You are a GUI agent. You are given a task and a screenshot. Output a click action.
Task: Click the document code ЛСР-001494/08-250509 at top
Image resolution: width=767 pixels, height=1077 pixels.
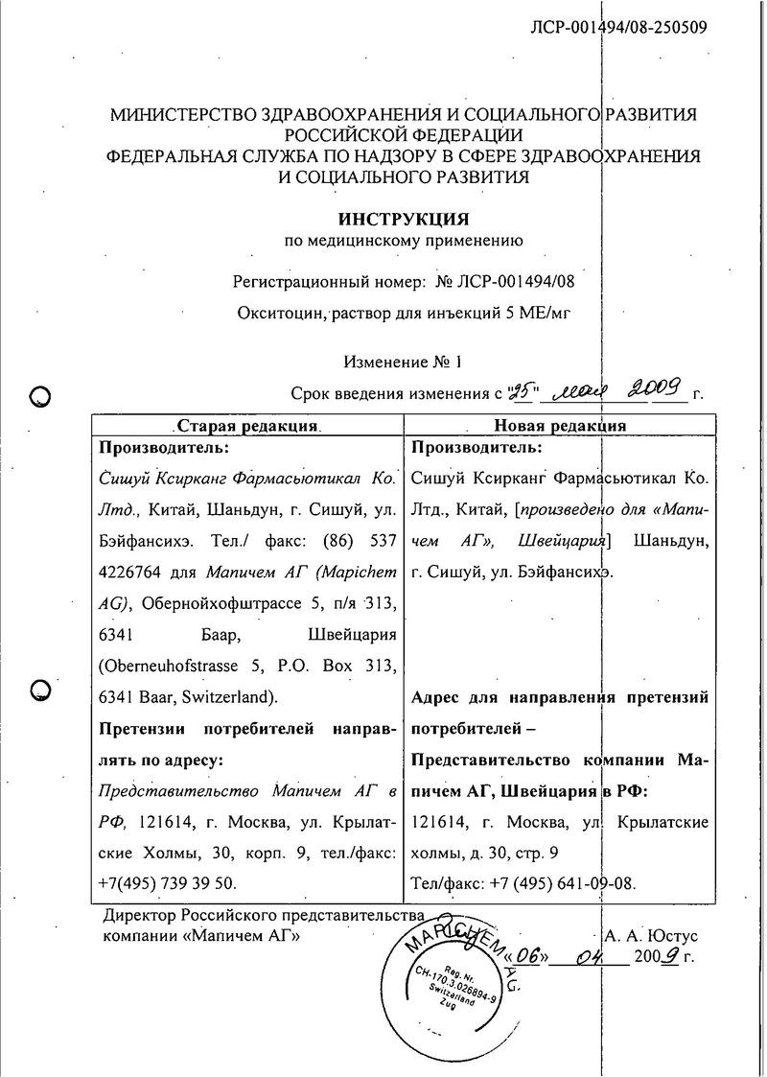pos(619,27)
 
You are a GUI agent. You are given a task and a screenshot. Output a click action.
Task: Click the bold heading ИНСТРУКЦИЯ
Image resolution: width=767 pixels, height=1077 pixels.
pos(404,219)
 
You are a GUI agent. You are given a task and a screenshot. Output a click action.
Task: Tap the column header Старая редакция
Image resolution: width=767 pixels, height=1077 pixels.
pos(247,426)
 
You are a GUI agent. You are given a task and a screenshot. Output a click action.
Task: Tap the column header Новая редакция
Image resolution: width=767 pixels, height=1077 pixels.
pos(560,426)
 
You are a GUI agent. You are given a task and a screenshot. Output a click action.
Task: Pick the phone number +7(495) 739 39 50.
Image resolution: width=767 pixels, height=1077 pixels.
pos(167,882)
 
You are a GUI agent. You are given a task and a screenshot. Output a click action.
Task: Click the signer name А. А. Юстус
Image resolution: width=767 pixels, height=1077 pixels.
pos(652,935)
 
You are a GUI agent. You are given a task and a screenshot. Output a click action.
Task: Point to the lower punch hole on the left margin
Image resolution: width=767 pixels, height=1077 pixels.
pos(41,689)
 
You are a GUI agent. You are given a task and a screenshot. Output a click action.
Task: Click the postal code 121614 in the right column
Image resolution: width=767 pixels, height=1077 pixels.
pos(438,823)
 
